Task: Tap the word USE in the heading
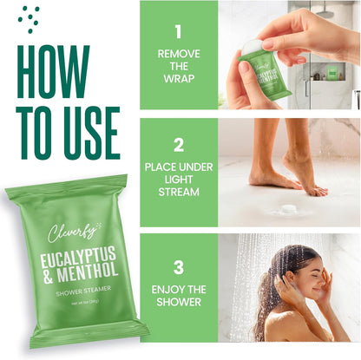pos(83,132)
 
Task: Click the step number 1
pos(178,33)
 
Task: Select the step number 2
pos(178,145)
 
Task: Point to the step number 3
pos(178,266)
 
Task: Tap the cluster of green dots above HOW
pos(30,18)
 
